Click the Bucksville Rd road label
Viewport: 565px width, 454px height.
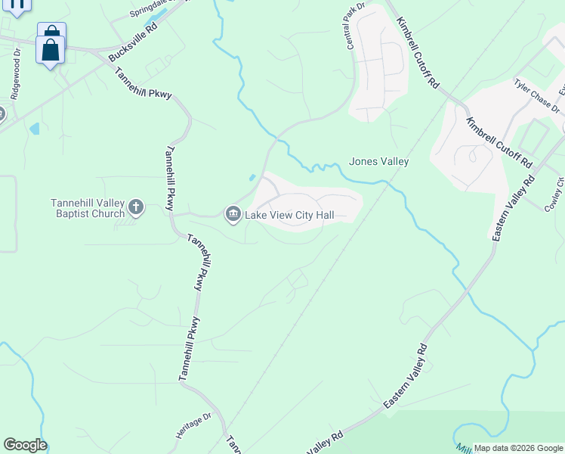click(133, 42)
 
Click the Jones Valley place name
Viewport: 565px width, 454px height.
click(378, 161)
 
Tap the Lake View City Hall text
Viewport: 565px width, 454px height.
click(289, 215)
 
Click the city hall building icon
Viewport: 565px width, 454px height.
click(233, 215)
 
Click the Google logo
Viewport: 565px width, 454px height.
click(25, 445)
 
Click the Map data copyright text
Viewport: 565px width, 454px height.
click(518, 448)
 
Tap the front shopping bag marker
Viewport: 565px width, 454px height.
click(51, 51)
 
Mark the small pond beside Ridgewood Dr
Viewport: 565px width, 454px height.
click(34, 129)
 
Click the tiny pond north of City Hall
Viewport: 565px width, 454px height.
click(252, 179)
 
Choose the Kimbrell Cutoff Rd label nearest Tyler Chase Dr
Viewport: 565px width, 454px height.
click(499, 142)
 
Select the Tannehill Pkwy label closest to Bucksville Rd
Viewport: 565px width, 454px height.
click(144, 84)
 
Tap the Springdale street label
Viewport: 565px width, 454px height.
click(150, 9)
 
